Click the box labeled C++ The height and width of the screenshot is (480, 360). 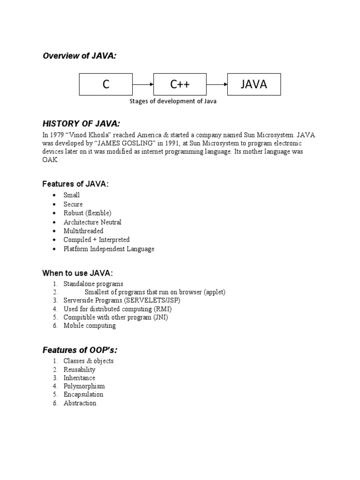tap(180, 84)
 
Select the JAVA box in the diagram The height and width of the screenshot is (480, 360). tap(254, 84)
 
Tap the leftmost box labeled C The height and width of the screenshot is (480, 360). tap(106, 84)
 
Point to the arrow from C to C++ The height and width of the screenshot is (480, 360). tap(143, 84)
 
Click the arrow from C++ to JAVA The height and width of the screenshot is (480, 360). tap(217, 84)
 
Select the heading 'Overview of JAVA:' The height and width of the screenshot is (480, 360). tap(80, 56)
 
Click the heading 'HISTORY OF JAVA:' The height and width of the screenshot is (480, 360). tap(81, 124)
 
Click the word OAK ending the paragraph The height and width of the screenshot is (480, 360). tap(51, 160)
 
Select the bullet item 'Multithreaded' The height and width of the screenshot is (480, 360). tap(83, 231)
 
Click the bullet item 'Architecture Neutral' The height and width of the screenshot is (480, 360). tap(92, 222)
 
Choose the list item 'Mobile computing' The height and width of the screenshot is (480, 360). tap(90, 326)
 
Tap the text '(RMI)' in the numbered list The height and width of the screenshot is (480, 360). tap(162, 309)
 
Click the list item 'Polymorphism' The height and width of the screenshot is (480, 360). tap(84, 386)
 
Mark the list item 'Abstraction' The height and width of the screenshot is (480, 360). tap(80, 403)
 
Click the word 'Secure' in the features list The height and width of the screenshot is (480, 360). tap(73, 204)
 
